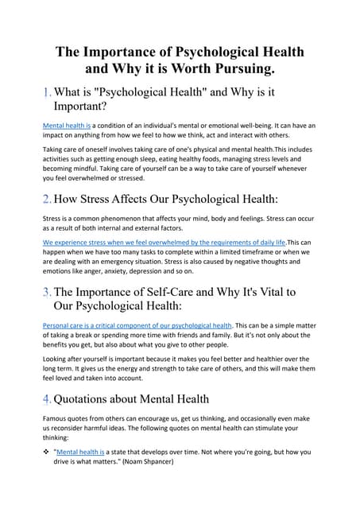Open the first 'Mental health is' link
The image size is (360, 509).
[66, 126]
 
